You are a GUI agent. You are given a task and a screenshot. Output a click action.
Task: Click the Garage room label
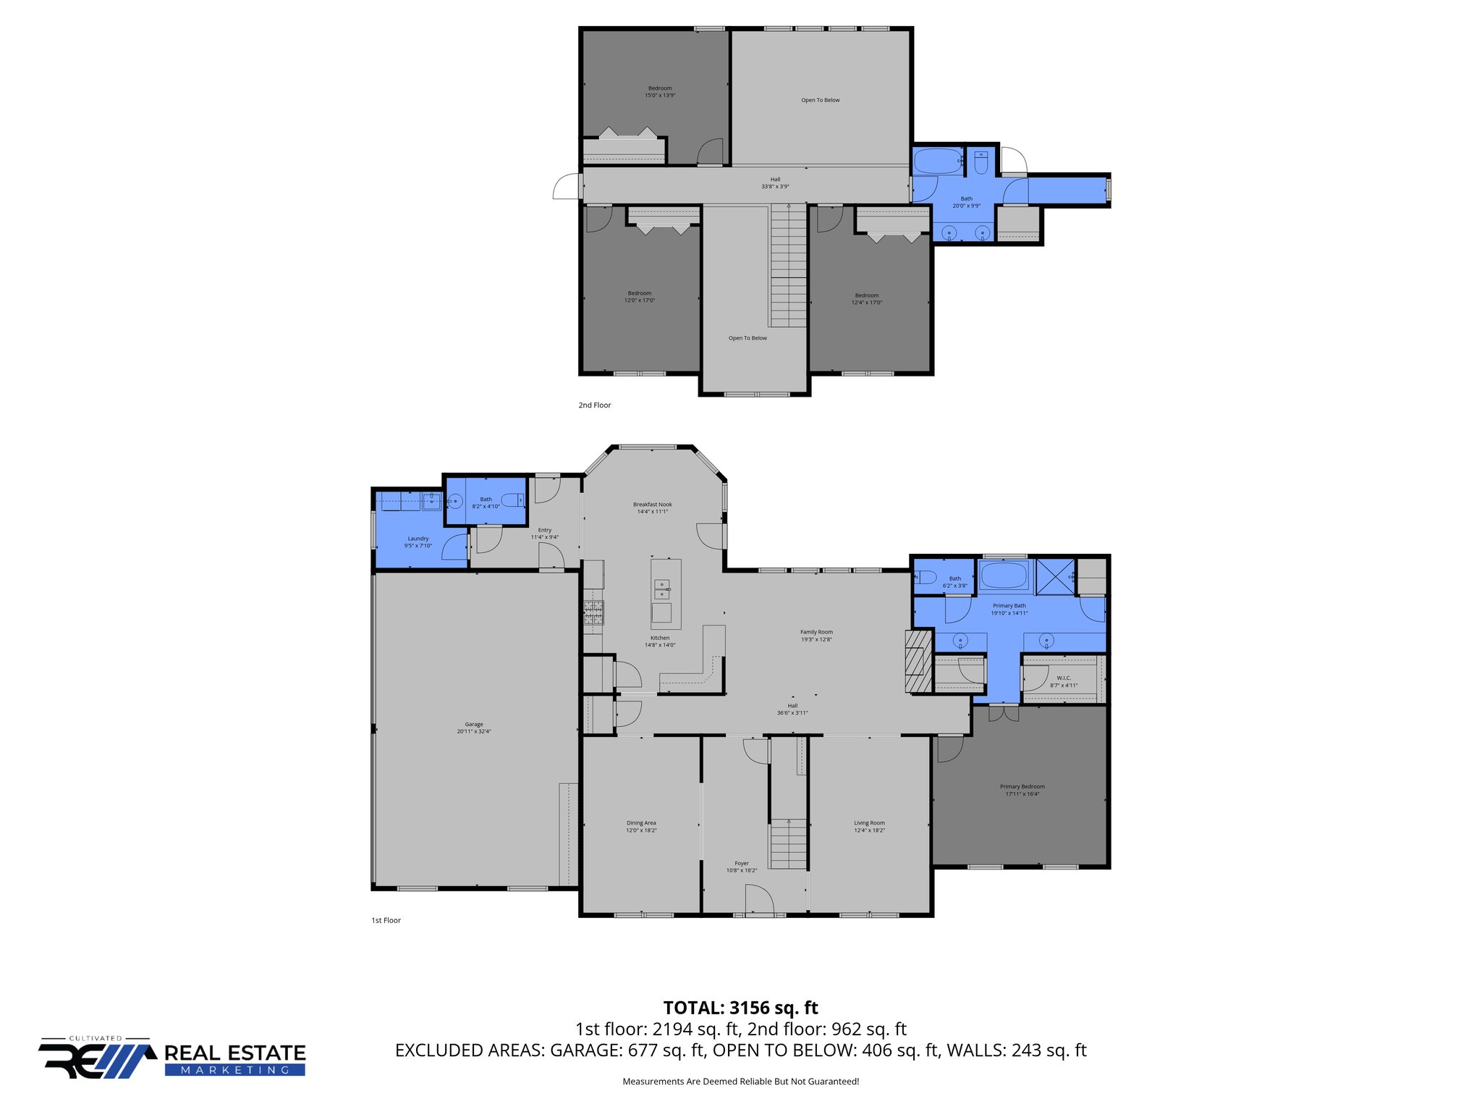tap(474, 728)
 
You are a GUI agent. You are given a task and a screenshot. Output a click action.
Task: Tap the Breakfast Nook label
tap(652, 507)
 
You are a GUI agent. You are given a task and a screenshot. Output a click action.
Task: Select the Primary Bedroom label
tap(1022, 790)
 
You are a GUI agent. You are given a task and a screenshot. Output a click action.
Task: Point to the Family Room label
tap(816, 636)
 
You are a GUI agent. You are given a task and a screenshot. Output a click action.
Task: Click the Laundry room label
tap(418, 542)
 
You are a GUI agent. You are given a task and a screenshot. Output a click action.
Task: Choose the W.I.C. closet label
tap(1063, 681)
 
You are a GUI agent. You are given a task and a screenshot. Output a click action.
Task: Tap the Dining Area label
tap(641, 826)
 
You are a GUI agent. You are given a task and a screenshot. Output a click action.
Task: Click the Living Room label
tap(869, 826)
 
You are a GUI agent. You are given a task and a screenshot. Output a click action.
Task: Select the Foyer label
tap(742, 867)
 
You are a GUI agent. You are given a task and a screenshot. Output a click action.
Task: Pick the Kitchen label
tap(660, 641)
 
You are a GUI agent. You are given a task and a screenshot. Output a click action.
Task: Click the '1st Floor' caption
tap(386, 920)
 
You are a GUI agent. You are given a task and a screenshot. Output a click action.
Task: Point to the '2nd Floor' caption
tap(594, 405)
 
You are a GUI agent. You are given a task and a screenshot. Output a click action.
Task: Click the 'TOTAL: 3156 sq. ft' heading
tap(740, 1008)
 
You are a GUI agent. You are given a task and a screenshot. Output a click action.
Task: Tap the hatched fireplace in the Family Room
tap(918, 661)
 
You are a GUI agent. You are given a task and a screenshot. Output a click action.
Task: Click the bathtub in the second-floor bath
tap(938, 161)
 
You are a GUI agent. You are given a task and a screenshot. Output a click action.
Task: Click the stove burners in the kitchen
tap(593, 612)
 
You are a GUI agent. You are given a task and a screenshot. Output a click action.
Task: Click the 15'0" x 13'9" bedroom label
tap(660, 91)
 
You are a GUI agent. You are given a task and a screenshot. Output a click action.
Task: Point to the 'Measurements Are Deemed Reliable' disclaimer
tap(740, 1082)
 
